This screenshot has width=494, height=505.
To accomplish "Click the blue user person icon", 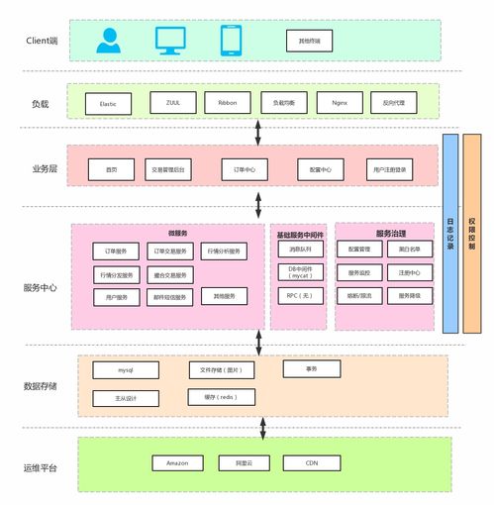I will click(x=108, y=41).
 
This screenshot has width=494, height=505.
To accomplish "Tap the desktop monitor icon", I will click(x=170, y=41).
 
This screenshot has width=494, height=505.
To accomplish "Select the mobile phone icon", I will click(x=231, y=41).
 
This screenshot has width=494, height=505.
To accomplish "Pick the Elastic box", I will click(x=108, y=103).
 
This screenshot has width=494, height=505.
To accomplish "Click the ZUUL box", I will click(x=172, y=102).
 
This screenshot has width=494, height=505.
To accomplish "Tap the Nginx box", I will click(x=340, y=102).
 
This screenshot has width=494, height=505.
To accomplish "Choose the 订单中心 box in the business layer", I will click(x=245, y=170).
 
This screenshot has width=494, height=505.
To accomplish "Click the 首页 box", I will click(x=111, y=170).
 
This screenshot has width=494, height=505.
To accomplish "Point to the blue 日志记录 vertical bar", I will click(x=450, y=233).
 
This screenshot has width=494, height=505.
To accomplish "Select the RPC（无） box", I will click(x=299, y=294).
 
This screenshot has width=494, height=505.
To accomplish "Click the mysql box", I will click(x=125, y=370).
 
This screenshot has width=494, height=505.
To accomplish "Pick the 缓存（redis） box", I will click(x=223, y=396).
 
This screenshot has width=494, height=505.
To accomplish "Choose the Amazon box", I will click(x=177, y=462).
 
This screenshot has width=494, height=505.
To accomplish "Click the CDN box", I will click(x=312, y=462).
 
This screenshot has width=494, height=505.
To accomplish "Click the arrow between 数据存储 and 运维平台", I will click(x=262, y=427).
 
